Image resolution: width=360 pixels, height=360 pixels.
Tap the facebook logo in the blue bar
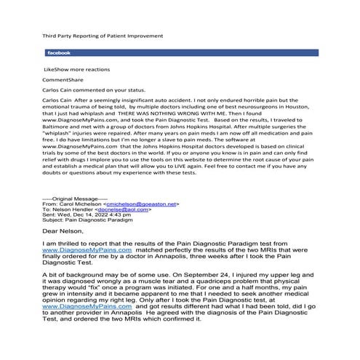(x=58, y=53)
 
